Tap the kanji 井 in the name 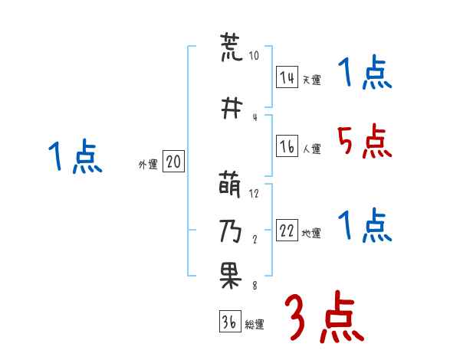tap(231, 107)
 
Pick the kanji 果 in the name tap(231, 277)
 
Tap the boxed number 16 tap(287, 147)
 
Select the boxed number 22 tap(287, 232)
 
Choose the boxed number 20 tap(173, 162)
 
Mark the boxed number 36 tap(228, 322)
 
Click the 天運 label tap(311, 80)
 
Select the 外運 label tap(147, 164)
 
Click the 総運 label tap(254, 325)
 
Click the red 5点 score tap(364, 142)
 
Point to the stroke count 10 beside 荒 tap(254, 56)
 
